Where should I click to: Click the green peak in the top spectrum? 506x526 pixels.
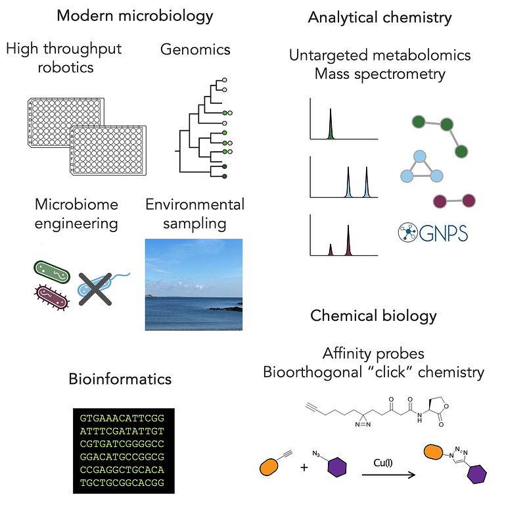pos(331,125)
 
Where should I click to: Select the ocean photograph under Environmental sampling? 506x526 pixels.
pos(193,285)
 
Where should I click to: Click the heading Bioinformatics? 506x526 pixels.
pos(120,379)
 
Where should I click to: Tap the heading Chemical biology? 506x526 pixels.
pos(373,316)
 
